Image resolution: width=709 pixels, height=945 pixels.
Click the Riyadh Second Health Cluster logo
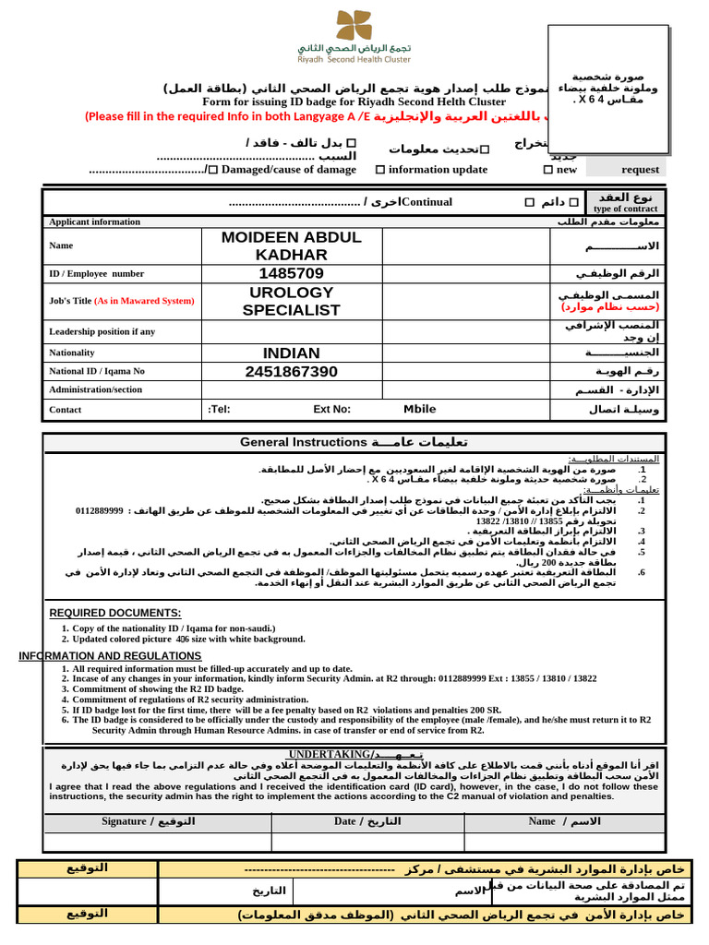coord(354,34)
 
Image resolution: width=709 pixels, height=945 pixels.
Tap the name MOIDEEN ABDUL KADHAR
coord(291,246)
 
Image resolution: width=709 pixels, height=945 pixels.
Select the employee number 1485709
coord(291,274)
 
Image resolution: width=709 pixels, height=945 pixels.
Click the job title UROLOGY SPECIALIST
coord(291,301)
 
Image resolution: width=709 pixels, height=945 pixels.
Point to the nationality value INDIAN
coord(291,353)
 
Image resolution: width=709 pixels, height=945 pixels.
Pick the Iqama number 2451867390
coord(291,371)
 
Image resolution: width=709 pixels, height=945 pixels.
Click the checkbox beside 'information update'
coord(380,170)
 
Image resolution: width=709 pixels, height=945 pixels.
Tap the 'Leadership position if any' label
coord(102,331)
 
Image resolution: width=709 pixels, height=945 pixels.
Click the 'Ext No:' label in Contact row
coord(331,410)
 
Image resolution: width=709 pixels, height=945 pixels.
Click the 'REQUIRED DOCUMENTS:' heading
coord(114,614)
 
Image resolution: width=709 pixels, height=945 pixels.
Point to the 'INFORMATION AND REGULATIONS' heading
coord(110,656)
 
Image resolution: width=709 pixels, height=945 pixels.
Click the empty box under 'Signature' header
coord(158,841)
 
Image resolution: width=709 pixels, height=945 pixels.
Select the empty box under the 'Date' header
coord(367,841)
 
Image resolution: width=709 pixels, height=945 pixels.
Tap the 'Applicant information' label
coord(94,221)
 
